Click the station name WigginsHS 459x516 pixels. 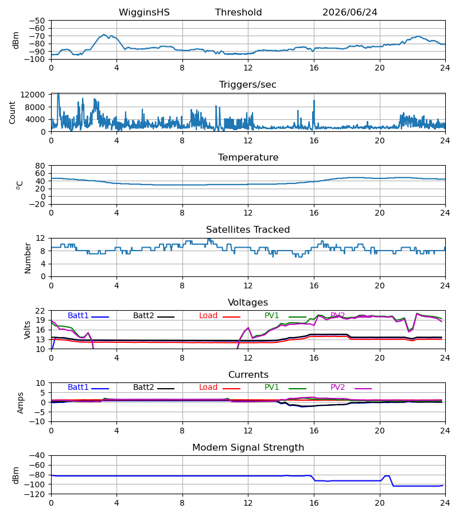144,13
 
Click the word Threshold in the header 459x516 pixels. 238,13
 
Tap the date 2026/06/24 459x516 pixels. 349,13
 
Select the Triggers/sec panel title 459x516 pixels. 248,85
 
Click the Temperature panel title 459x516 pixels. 248,157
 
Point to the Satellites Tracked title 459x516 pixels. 248,230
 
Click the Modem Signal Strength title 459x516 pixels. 248,448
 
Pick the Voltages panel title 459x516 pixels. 248,302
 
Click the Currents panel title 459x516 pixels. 248,375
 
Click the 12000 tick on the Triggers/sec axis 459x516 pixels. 32,95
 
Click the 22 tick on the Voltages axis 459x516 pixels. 40,311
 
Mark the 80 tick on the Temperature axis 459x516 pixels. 40,166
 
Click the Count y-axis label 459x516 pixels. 12,112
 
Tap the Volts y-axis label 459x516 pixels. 27,330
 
